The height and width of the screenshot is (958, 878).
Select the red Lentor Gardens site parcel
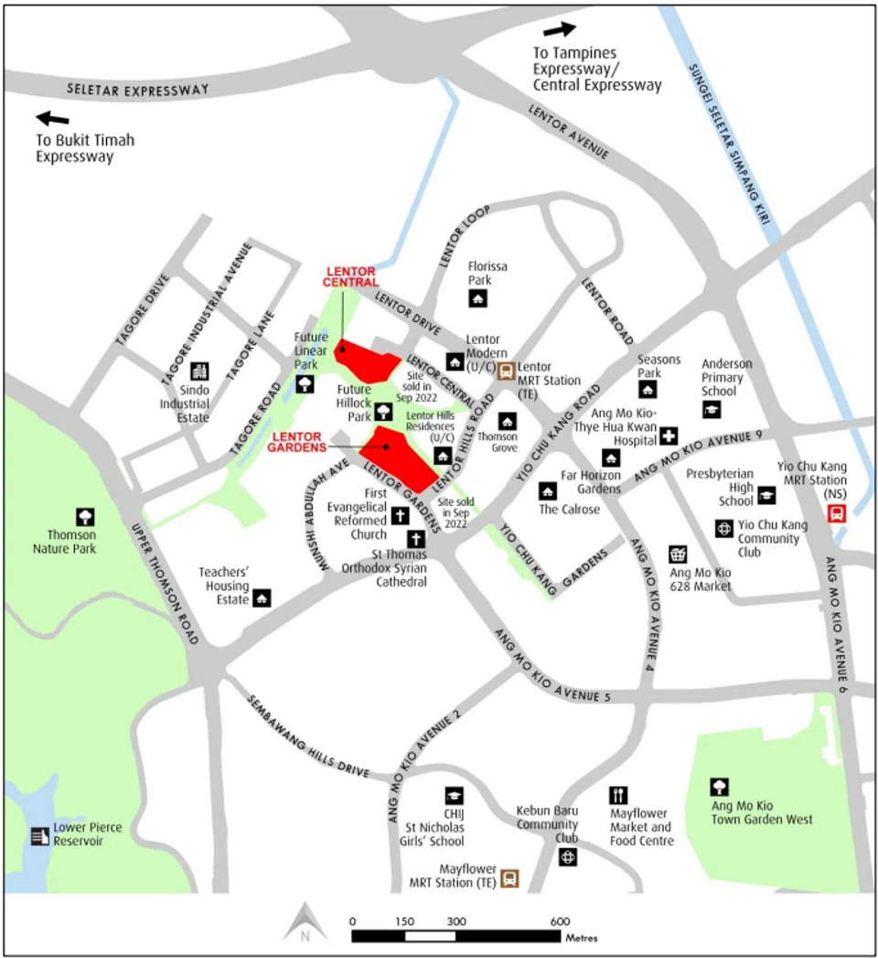point(399,456)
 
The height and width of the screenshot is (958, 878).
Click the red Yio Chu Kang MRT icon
point(836,513)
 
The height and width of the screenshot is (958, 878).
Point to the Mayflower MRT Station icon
point(509,878)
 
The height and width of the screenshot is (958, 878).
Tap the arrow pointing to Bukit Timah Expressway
point(52,118)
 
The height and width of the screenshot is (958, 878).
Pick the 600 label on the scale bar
point(561,921)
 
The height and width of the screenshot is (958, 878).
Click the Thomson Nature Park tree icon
point(85,517)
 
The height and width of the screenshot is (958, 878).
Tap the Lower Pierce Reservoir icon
point(38,835)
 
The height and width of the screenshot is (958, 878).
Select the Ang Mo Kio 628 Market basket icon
point(678,554)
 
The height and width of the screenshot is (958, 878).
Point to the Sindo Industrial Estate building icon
point(198,371)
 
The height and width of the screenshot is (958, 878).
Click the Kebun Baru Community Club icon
point(568,857)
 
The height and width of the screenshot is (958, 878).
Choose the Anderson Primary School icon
point(712,410)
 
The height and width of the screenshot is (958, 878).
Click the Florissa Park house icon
point(478,298)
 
